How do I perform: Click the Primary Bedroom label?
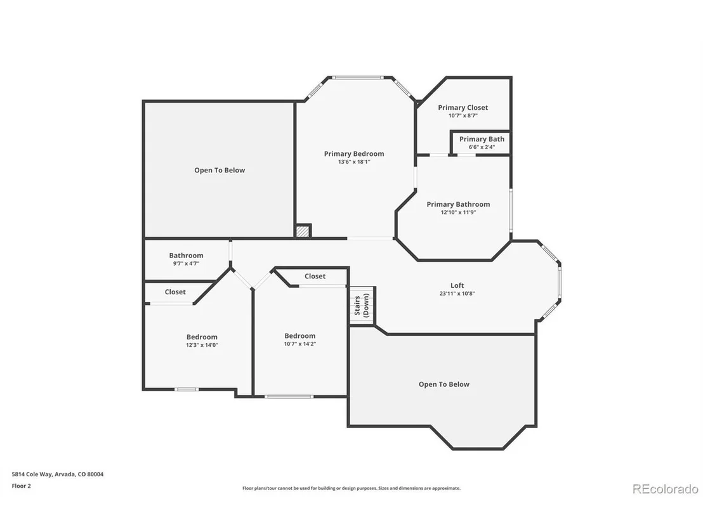click(354, 153)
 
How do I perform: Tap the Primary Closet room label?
click(463, 108)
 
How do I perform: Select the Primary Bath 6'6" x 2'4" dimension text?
click(482, 147)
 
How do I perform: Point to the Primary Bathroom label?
click(458, 204)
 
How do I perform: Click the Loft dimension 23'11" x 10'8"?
click(457, 294)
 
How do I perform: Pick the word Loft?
click(457, 285)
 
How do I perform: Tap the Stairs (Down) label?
click(362, 305)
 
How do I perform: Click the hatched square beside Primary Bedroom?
click(303, 231)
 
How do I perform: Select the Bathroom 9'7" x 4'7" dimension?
click(186, 264)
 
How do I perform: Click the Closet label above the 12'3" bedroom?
click(175, 292)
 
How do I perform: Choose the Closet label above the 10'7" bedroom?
click(315, 277)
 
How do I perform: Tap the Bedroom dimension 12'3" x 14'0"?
click(202, 345)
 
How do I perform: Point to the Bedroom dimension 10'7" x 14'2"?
click(300, 344)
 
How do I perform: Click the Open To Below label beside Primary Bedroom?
click(220, 171)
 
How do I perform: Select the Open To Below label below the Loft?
click(444, 384)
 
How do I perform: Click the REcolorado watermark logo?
click(666, 489)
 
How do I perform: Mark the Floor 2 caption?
click(21, 486)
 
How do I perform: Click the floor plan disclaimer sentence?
click(351, 488)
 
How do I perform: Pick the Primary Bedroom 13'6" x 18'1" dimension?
click(354, 162)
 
